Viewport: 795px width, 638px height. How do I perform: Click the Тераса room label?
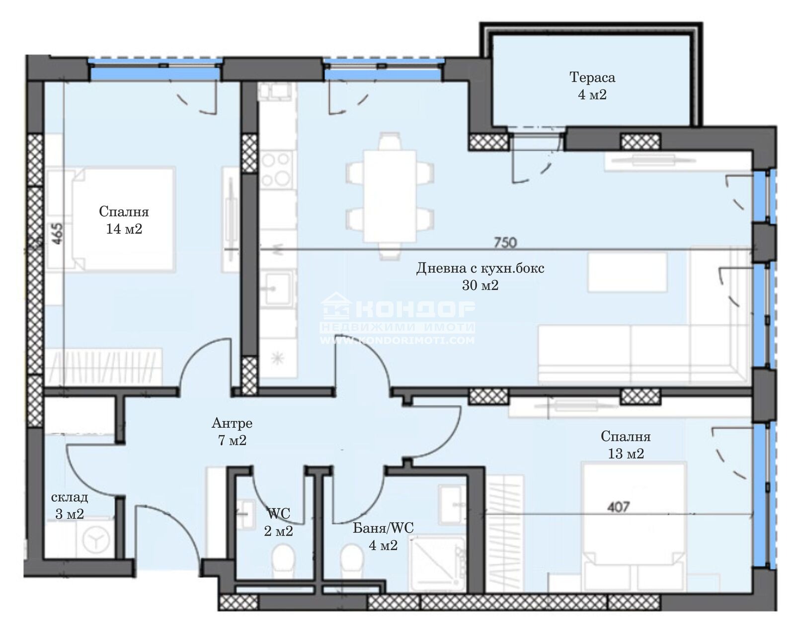click(x=592, y=78)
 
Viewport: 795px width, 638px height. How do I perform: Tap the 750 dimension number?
click(x=505, y=243)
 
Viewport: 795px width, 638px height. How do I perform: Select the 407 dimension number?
click(x=619, y=506)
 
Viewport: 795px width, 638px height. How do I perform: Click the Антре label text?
click(x=232, y=423)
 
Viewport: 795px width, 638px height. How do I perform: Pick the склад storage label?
click(x=70, y=497)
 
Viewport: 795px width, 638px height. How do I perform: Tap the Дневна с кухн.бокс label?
click(x=480, y=268)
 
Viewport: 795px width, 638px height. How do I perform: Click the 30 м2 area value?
click(x=480, y=285)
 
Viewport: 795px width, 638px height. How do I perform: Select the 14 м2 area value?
click(x=124, y=229)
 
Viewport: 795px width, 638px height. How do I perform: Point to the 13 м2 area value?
click(x=626, y=454)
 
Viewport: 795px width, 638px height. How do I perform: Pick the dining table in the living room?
click(x=390, y=195)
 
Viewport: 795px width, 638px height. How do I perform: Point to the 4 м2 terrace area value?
click(x=592, y=94)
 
